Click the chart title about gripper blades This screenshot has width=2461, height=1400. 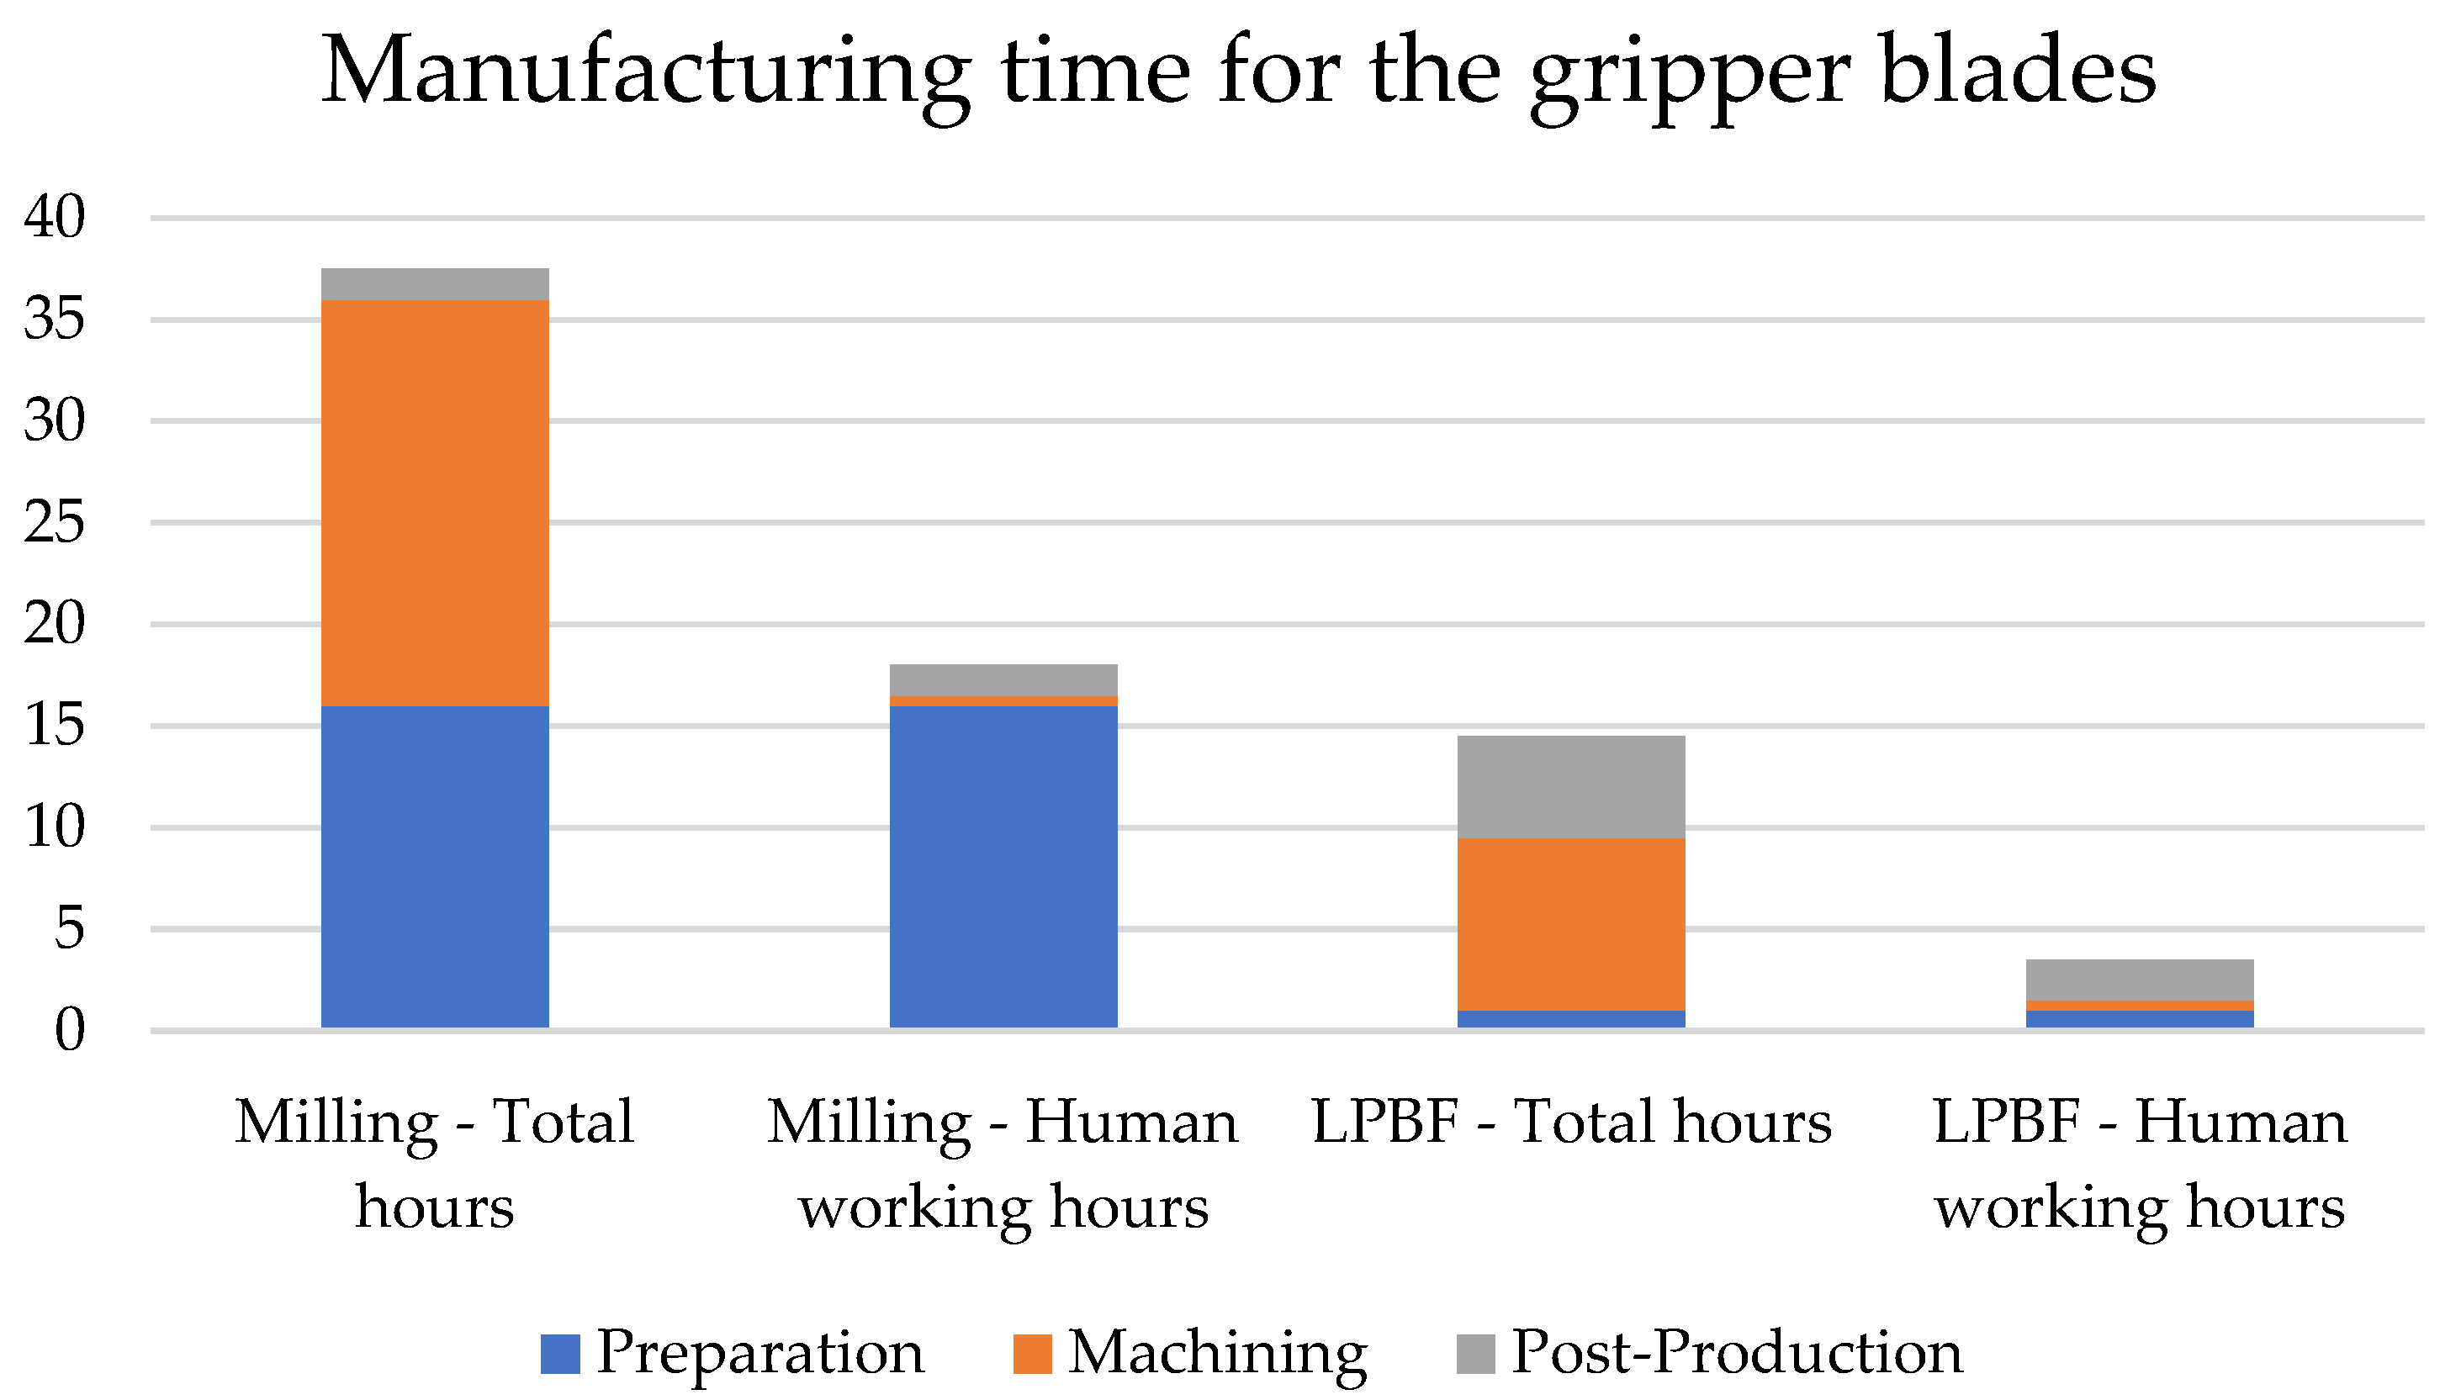(x=1239, y=72)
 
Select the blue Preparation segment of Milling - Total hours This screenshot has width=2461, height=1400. (x=435, y=866)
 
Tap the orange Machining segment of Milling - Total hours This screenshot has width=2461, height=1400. (x=435, y=503)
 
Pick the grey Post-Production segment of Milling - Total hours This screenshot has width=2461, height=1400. (x=435, y=283)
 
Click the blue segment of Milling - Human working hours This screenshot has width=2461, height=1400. (x=1003, y=866)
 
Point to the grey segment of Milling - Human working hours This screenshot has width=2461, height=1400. (x=1003, y=679)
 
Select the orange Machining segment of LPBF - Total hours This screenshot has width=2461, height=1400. (x=1571, y=924)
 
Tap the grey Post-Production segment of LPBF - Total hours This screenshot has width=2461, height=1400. (x=1571, y=786)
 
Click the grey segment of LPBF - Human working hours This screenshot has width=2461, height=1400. (x=2140, y=980)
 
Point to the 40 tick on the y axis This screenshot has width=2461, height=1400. (x=55, y=217)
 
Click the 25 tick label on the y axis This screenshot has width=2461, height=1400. (x=55, y=523)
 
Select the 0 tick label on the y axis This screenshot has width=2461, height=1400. (x=69, y=1031)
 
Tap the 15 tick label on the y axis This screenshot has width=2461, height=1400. (x=55, y=726)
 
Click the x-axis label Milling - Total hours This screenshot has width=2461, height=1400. (x=435, y=1163)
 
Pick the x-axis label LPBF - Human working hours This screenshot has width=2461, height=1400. (x=2140, y=1163)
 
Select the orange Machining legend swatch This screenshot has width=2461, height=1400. (x=1032, y=1354)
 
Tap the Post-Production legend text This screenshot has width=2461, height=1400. (x=1737, y=1352)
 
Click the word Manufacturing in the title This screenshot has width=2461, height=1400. (x=644, y=72)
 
